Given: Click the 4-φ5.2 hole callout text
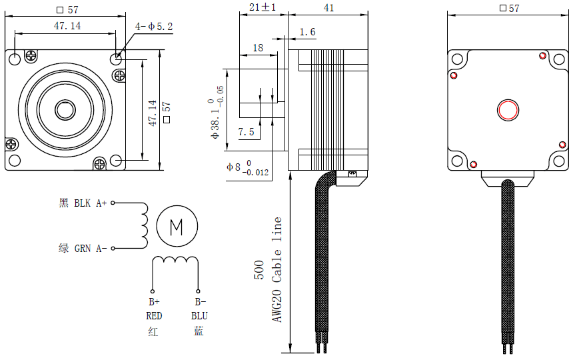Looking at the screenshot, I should pyautogui.click(x=154, y=27).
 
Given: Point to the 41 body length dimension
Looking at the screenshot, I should pyautogui.click(x=328, y=7).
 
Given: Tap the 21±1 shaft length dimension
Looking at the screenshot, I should pyautogui.click(x=262, y=7).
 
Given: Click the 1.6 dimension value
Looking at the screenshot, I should pyautogui.click(x=307, y=32).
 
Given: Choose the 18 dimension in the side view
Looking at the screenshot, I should pyautogui.click(x=257, y=48).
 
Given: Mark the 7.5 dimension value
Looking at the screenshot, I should pyautogui.click(x=246, y=132).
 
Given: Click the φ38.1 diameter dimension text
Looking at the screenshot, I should pyautogui.click(x=215, y=110).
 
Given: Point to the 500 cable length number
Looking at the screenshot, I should pyautogui.click(x=259, y=270).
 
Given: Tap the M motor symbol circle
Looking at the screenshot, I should pyautogui.click(x=177, y=227).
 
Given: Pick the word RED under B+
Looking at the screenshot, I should pyautogui.click(x=154, y=315).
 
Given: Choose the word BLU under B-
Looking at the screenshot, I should pyautogui.click(x=199, y=315).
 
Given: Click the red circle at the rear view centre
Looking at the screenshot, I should pyautogui.click(x=508, y=109).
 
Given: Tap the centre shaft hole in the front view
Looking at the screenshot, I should pyautogui.click(x=65, y=109).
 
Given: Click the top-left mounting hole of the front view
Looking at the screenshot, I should pyautogui.click(x=16, y=59).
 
